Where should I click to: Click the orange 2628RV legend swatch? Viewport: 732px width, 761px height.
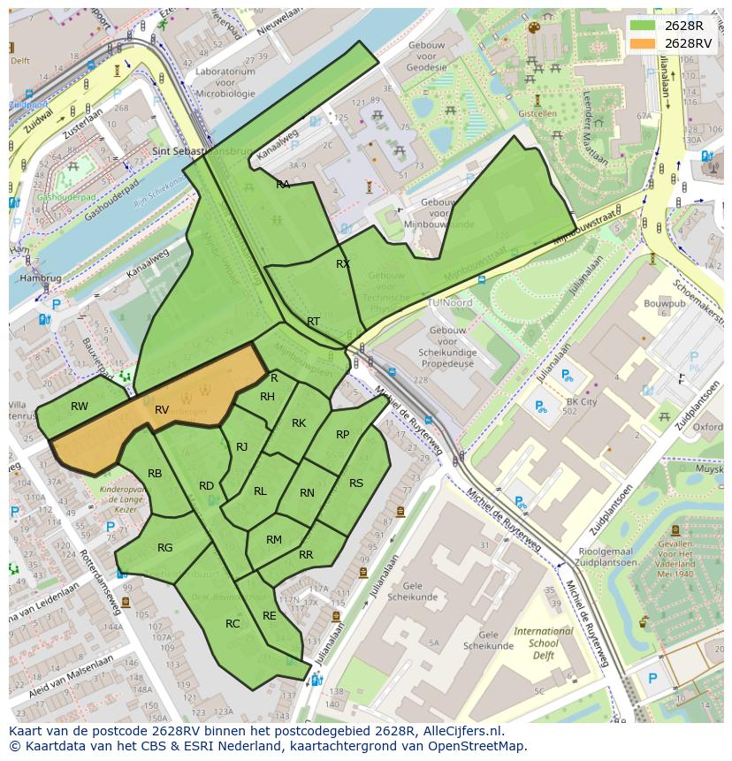pos(643,43)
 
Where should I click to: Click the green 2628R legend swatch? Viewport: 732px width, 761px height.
pos(643,26)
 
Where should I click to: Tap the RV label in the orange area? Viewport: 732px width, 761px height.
pos(162,410)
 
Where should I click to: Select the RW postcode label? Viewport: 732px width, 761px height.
pos(80,407)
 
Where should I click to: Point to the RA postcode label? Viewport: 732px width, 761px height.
pos(283,184)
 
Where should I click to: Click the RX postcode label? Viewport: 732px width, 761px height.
pos(343,263)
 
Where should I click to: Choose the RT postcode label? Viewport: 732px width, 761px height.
pos(313,321)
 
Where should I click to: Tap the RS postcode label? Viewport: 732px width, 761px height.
pos(356,483)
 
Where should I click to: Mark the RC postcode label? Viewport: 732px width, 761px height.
pos(233,623)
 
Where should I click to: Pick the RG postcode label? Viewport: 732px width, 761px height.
pos(165,548)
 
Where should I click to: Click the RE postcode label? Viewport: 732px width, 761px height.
pos(270,615)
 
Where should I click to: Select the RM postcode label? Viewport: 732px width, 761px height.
pos(274,539)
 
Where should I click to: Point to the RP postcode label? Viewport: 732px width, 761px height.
pos(343,434)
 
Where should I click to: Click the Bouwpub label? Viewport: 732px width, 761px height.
pos(665,303)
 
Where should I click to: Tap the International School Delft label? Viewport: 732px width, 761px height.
pos(544,643)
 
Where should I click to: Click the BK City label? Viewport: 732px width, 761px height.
pos(582,401)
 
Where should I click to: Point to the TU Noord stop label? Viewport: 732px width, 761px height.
pos(449,302)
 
